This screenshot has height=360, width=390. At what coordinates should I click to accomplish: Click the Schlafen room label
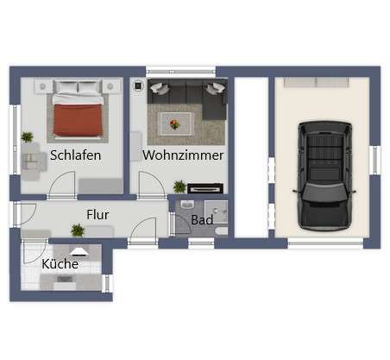tap(75, 155)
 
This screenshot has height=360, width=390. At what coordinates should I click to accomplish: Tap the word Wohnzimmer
tap(183, 155)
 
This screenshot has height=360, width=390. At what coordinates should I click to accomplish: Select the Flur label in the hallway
tap(97, 213)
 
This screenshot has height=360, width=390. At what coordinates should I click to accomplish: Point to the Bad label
tap(202, 220)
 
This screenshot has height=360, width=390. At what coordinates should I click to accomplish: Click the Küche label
tap(60, 263)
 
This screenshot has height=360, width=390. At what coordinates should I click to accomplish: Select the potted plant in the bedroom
tap(28, 137)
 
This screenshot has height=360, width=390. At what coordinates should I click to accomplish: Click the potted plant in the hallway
tap(78, 230)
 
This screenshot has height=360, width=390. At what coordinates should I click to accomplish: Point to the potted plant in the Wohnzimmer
tap(179, 186)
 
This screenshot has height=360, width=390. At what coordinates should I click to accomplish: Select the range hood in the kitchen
tap(79, 252)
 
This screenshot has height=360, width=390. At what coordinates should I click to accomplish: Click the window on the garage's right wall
tap(374, 160)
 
